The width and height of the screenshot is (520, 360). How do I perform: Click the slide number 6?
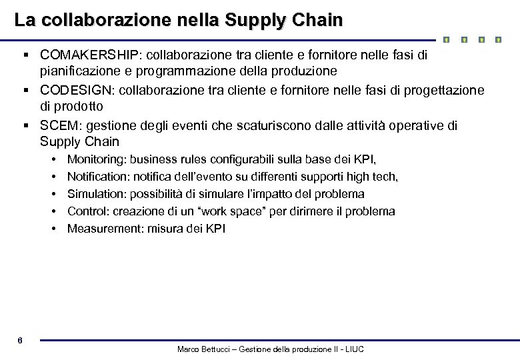(x=20, y=341)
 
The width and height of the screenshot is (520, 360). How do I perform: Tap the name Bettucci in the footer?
(x=216, y=349)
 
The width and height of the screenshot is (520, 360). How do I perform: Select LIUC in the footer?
(x=353, y=349)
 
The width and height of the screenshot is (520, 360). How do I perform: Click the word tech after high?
(x=386, y=177)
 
